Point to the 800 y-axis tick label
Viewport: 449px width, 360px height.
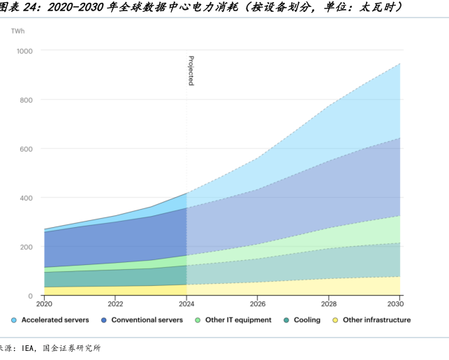[26, 100]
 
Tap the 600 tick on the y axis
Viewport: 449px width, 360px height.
[26, 149]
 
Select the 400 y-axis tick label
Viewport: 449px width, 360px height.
[26, 198]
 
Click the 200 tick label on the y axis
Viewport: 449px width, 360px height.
[26, 247]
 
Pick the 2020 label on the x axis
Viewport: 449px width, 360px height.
[45, 304]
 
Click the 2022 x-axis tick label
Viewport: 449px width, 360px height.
[116, 304]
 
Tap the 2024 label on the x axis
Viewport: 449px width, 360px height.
[186, 304]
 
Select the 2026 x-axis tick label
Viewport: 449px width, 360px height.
[258, 304]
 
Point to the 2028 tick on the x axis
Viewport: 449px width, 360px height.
[329, 304]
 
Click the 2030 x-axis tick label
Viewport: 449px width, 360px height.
[396, 304]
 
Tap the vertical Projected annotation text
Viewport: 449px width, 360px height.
[191, 71]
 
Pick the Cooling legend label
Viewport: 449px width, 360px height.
[307, 320]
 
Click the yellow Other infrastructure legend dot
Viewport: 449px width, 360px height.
[335, 320]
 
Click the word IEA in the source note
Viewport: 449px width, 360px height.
[29, 347]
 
